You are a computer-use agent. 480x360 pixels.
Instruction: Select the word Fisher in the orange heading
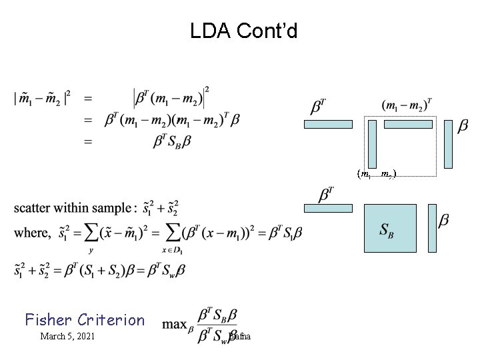click(x=48, y=319)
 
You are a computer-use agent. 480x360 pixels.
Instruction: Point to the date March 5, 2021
click(x=67, y=336)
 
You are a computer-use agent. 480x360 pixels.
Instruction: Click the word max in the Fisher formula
click(x=175, y=325)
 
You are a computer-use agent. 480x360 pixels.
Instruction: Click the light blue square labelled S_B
click(x=390, y=228)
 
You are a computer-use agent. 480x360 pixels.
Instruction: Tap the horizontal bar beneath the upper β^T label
click(x=328, y=124)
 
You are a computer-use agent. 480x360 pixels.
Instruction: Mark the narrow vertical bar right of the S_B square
click(x=432, y=228)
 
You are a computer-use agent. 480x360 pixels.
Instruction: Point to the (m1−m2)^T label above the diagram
click(x=407, y=104)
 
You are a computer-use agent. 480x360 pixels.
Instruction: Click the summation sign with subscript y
click(x=91, y=234)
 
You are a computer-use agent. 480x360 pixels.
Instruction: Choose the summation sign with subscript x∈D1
click(x=174, y=234)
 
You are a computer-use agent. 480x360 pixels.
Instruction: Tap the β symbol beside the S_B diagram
click(x=444, y=220)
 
